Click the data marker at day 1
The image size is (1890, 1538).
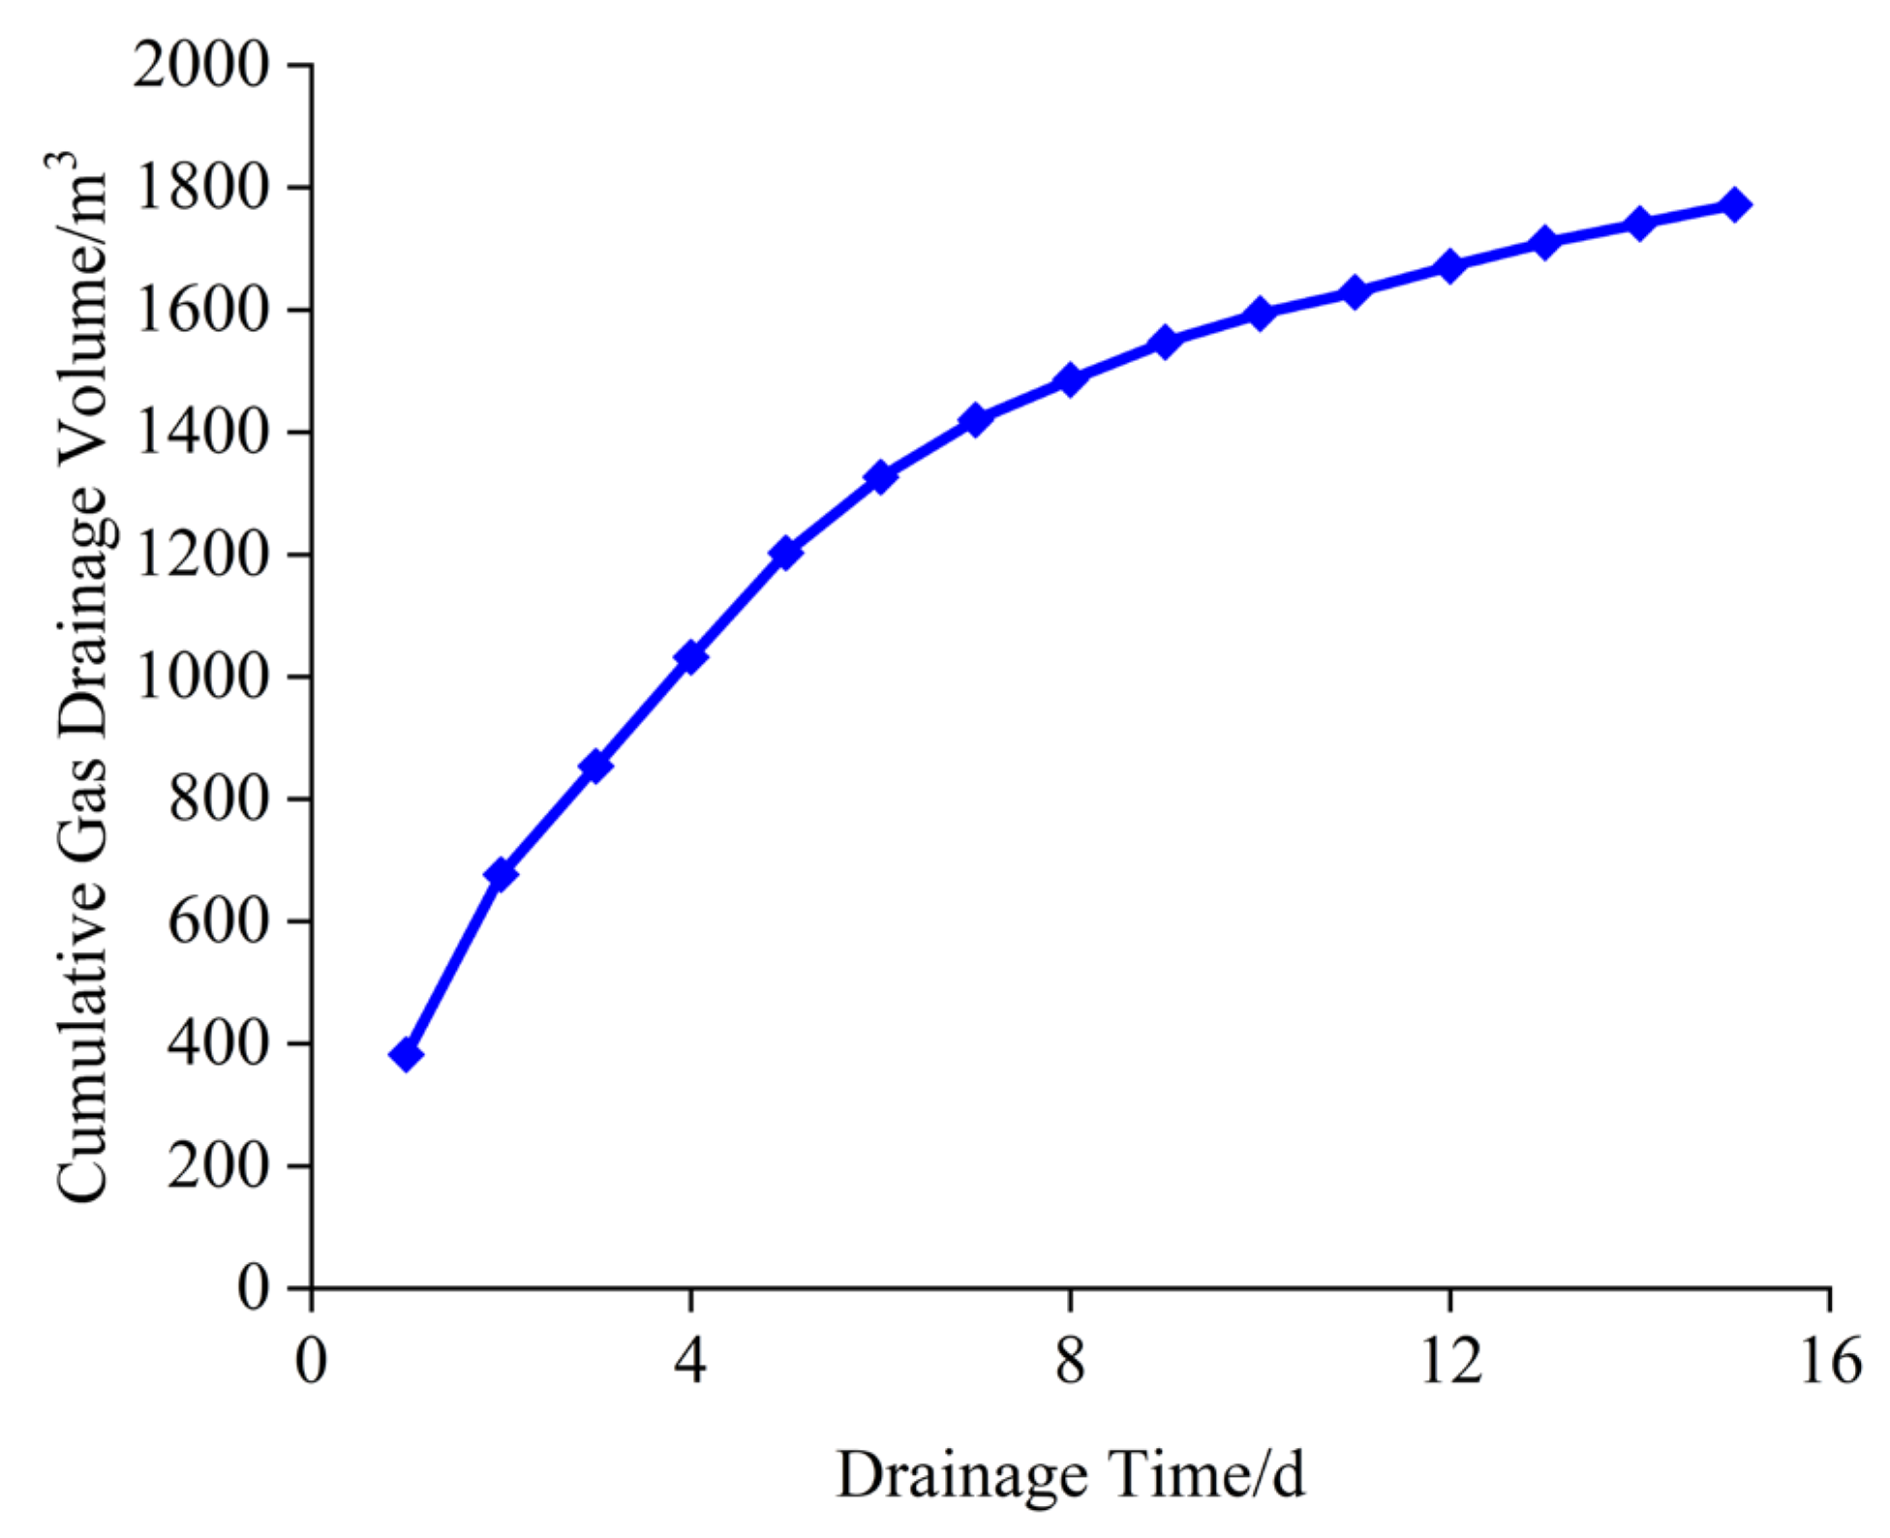[x=406, y=1054]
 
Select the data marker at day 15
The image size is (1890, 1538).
[x=1734, y=205]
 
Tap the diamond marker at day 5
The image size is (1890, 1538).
[x=785, y=553]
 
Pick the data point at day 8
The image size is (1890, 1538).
[x=1070, y=378]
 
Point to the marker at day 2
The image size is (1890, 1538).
[x=501, y=874]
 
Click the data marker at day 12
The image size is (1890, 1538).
[x=1449, y=265]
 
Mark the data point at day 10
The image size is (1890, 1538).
[x=1260, y=313]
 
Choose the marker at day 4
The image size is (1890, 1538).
[x=690, y=657]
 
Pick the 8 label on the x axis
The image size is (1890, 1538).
[x=1070, y=1361]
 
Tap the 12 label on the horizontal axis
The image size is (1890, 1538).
[x=1449, y=1361]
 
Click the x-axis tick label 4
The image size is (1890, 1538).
[x=690, y=1361]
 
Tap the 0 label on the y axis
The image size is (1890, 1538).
[x=253, y=1288]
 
